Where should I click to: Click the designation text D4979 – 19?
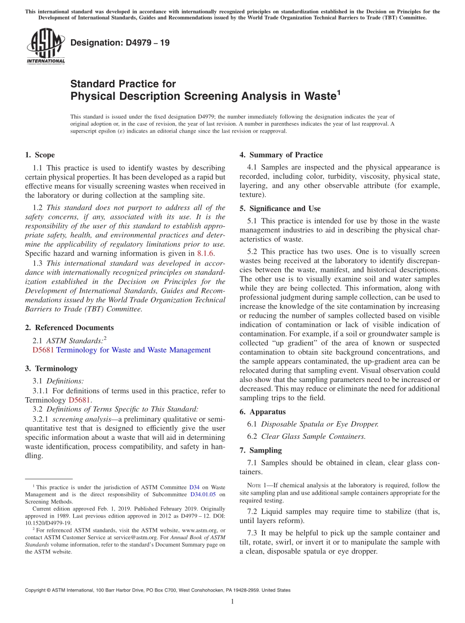[120, 43]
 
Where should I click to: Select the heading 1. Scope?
[40, 155]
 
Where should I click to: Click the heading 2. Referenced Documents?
[69, 328]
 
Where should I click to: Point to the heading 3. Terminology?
[51, 368]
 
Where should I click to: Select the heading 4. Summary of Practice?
[280, 155]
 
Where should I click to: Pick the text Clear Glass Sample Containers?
[313, 436]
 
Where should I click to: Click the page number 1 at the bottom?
[232, 601]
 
